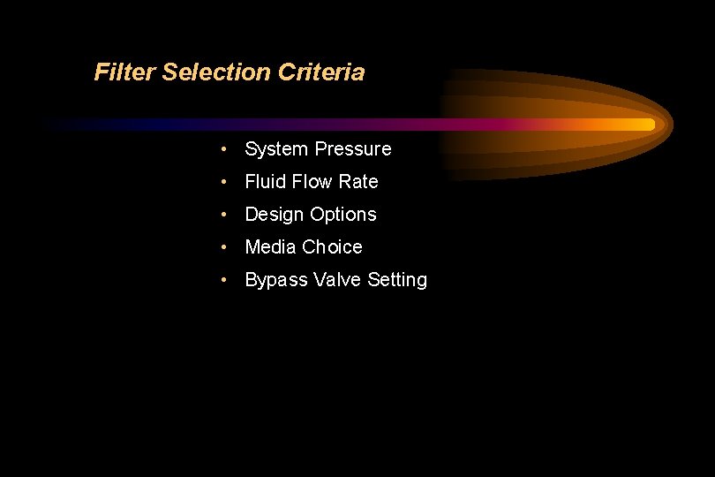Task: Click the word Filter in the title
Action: [124, 72]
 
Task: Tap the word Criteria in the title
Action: [320, 72]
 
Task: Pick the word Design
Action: [274, 215]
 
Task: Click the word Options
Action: [342, 215]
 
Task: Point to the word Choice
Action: [332, 247]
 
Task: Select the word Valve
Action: [337, 280]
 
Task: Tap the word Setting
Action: [397, 280]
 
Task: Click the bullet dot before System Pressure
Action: [227, 149]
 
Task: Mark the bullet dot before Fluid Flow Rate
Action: [227, 182]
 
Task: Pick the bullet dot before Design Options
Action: [227, 215]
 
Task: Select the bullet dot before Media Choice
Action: [227, 247]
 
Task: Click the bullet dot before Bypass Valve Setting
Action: [227, 280]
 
